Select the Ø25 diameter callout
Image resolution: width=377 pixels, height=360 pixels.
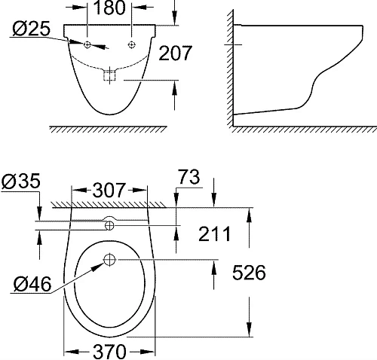pos(31,29)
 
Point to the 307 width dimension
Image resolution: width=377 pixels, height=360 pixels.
pos(108,191)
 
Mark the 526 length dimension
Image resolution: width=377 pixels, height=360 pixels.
pos(247,273)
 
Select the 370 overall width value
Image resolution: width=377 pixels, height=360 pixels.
pos(109,350)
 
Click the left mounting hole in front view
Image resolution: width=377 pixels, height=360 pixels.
pos(88,45)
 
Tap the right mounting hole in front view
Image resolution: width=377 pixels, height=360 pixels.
pos(132,44)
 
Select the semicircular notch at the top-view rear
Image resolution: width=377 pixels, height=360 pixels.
pos(110,222)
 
